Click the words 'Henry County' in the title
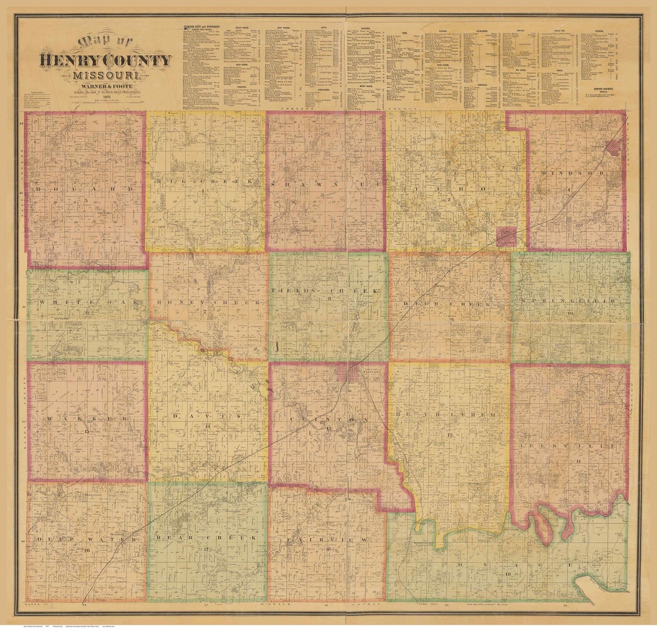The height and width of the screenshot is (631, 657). click(x=105, y=60)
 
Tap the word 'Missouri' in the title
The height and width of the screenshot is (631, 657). click(x=105, y=76)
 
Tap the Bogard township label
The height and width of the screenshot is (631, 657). click(x=85, y=189)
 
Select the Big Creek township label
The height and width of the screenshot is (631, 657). click(x=205, y=182)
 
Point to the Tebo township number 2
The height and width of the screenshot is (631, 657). click(x=449, y=200)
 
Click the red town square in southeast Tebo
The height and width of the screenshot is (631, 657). click(x=506, y=237)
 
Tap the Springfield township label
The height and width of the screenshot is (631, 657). click(x=570, y=301)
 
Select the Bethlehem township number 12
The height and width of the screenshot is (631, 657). click(x=451, y=435)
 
